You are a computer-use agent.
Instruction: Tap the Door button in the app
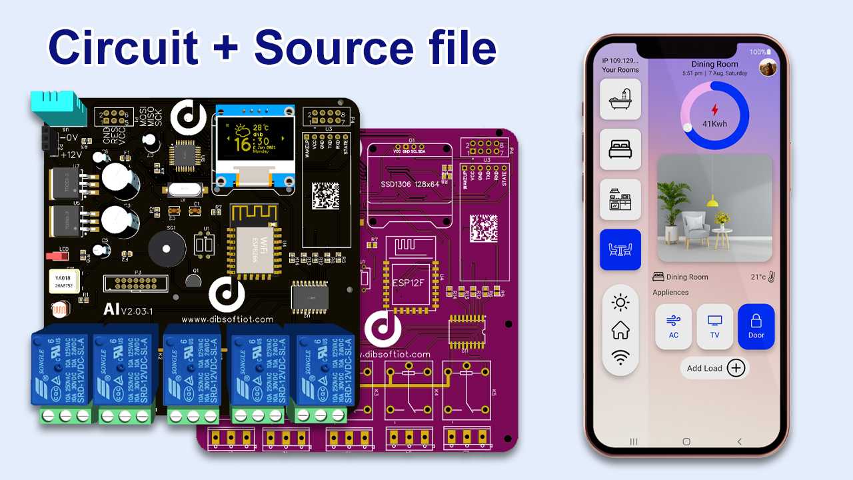(756, 327)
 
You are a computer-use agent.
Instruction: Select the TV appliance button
(714, 327)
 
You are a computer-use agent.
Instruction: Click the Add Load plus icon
(736, 368)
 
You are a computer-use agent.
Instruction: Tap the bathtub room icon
(620, 99)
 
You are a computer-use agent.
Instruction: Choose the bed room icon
(620, 149)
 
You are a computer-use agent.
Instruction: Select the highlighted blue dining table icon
(620, 250)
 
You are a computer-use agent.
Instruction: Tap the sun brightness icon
(620, 303)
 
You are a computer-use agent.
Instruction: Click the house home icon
(620, 330)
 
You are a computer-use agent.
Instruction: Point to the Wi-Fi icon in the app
(620, 358)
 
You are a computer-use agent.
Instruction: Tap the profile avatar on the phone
(768, 67)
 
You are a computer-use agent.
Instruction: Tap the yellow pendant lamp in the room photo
(712, 199)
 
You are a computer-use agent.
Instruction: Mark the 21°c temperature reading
(758, 277)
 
